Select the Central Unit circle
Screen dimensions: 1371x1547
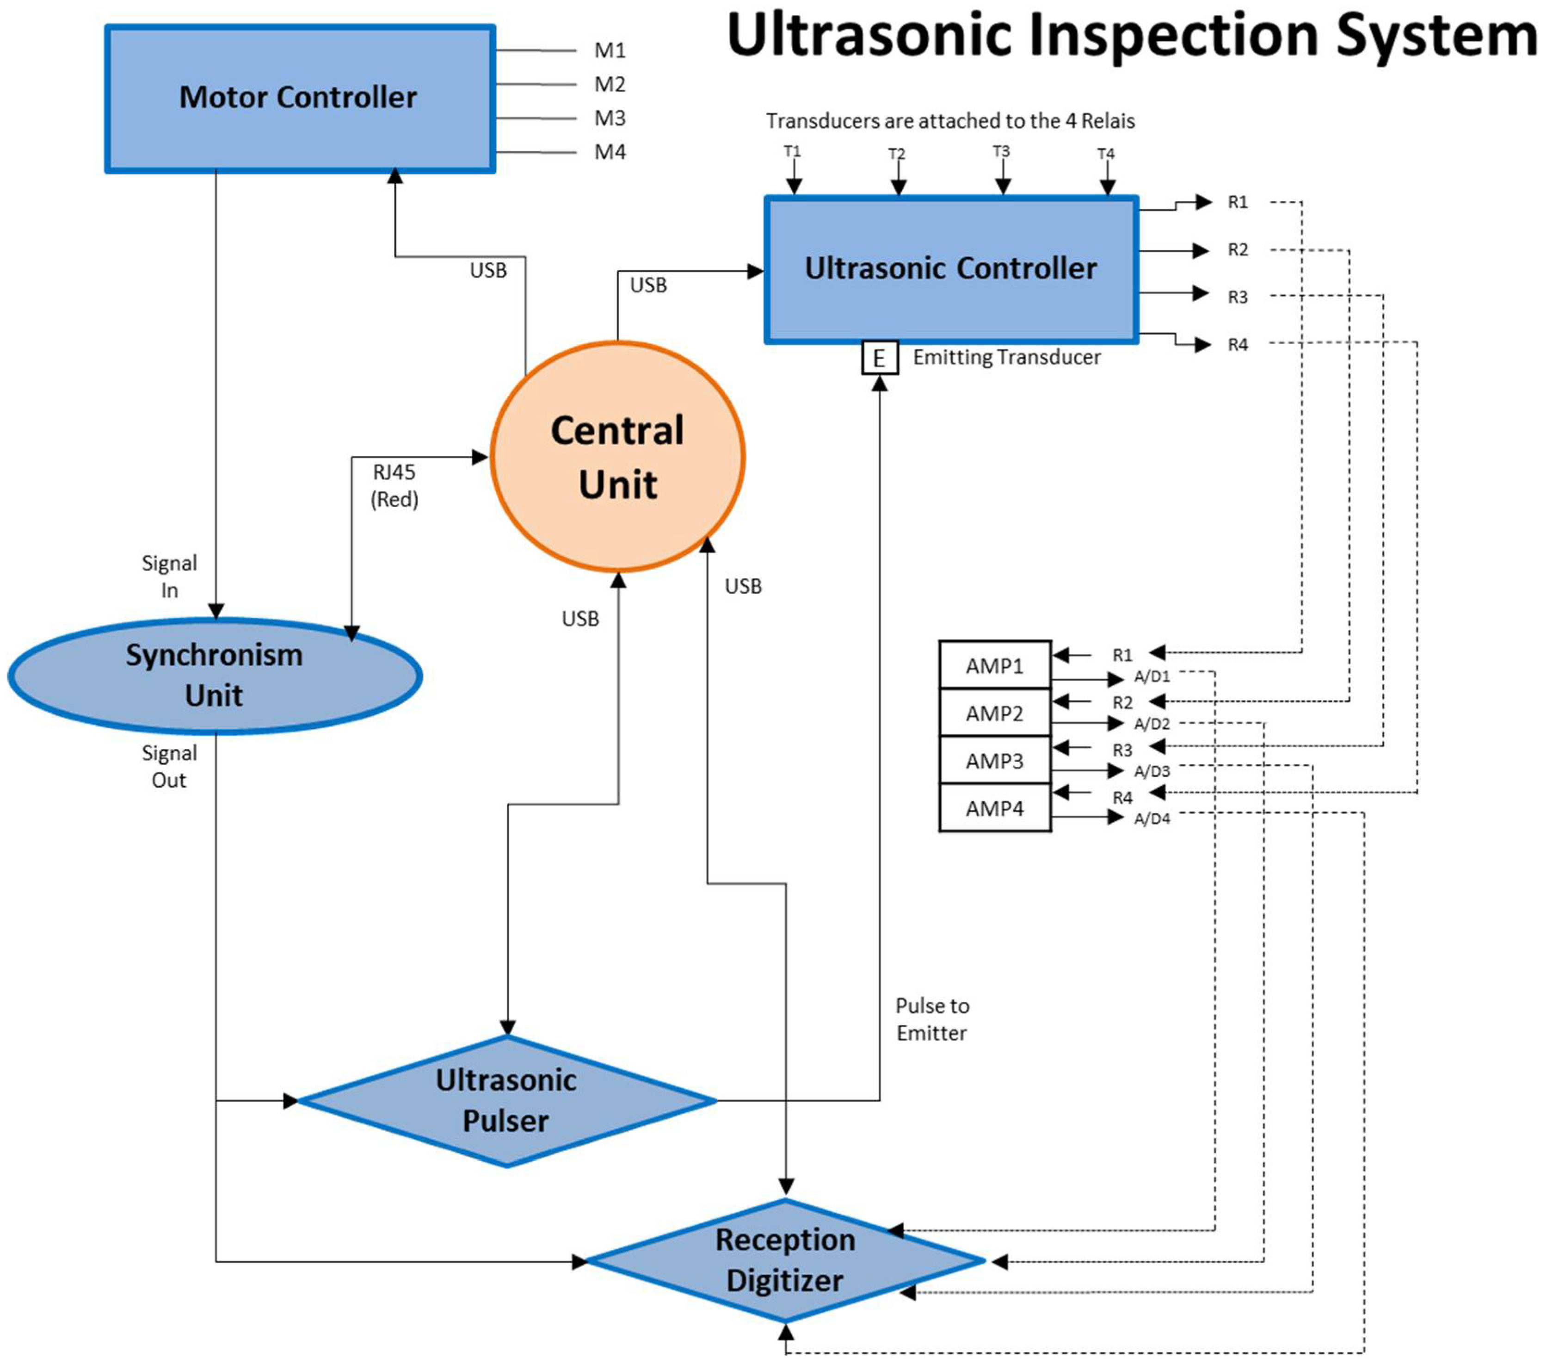click(617, 457)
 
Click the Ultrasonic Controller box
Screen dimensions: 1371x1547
click(950, 269)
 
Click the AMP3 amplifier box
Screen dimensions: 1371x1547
click(994, 761)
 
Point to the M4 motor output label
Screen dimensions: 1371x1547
click(609, 152)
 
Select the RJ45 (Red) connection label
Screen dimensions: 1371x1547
click(394, 485)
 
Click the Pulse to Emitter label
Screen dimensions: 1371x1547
click(932, 1019)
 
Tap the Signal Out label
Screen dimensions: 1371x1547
click(169, 766)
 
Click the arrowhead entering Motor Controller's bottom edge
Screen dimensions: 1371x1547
click(394, 176)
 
